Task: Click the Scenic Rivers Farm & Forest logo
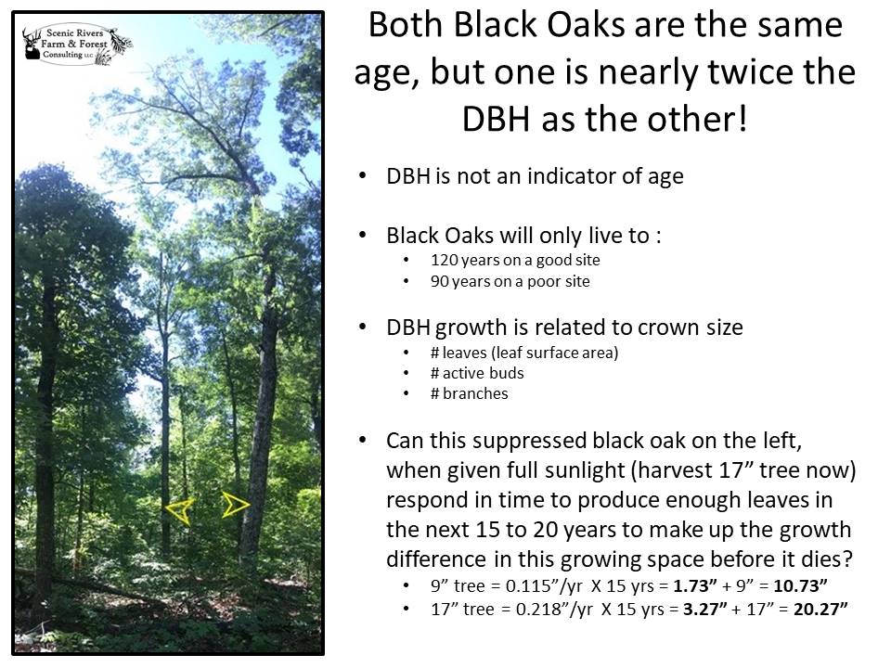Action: [x=77, y=45]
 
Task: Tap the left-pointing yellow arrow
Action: [x=181, y=510]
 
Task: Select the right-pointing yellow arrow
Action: [x=235, y=504]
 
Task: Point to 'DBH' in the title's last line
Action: [x=496, y=119]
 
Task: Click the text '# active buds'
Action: [x=477, y=373]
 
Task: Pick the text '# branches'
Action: [x=469, y=393]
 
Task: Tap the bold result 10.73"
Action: [x=800, y=585]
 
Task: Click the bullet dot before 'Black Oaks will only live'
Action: [x=363, y=235]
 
